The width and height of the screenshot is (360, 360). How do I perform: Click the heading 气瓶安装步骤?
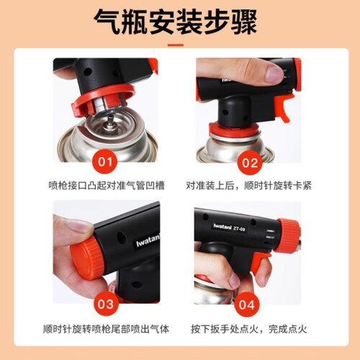[176, 22]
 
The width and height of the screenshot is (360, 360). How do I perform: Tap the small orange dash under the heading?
[176, 45]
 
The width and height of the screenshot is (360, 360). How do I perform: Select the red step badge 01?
[105, 161]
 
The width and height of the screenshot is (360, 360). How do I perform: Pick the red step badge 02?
[250, 163]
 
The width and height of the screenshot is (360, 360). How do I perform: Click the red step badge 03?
[106, 304]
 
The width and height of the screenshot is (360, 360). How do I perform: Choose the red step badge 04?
[247, 305]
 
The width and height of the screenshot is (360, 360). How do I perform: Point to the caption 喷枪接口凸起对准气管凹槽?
[107, 186]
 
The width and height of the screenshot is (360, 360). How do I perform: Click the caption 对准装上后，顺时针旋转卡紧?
[248, 186]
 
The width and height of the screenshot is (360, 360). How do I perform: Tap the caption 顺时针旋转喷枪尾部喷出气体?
[106, 329]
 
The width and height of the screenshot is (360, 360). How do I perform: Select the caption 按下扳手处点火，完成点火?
[249, 329]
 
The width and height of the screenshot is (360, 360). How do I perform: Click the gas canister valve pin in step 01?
[110, 120]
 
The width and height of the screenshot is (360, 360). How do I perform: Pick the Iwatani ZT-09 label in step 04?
[230, 227]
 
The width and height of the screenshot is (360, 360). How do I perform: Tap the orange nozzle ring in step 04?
[289, 235]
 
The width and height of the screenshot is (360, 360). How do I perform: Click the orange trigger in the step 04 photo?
[261, 262]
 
